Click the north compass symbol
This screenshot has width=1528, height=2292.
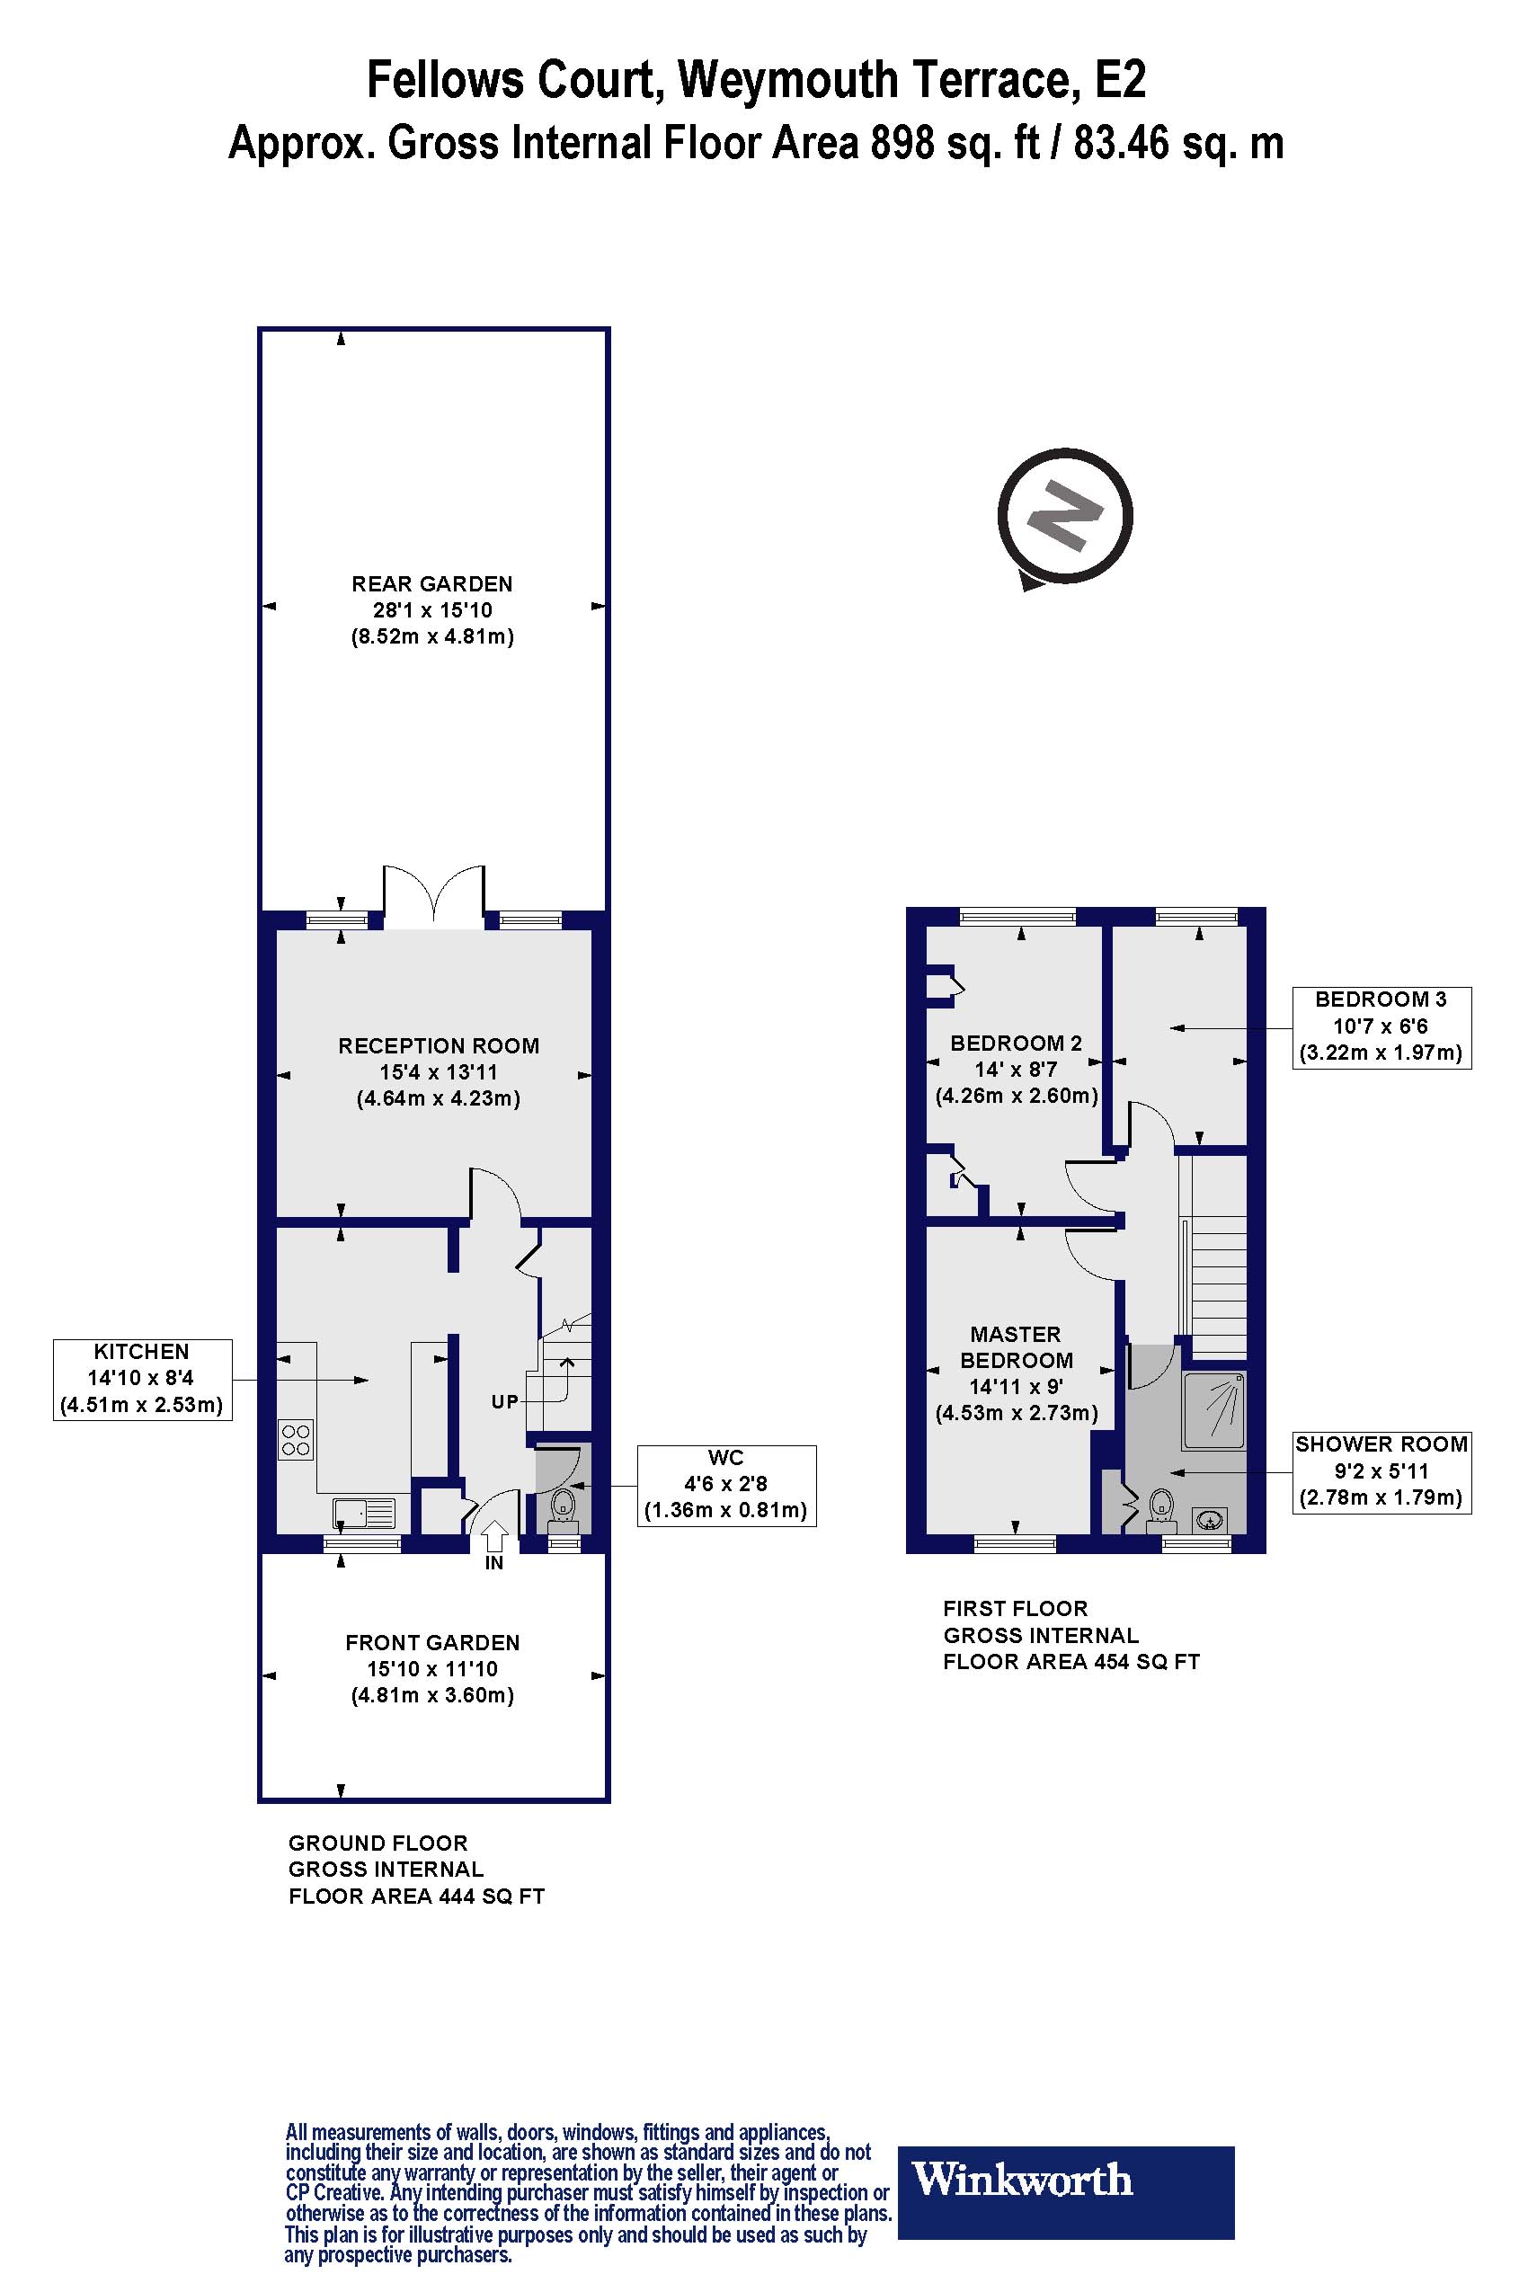pyautogui.click(x=1065, y=517)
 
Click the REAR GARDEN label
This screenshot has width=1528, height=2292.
pyautogui.click(x=431, y=583)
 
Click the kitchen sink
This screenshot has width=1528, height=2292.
pyautogui.click(x=363, y=1513)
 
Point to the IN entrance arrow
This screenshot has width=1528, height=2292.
pyautogui.click(x=495, y=1537)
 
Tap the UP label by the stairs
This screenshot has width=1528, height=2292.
pyautogui.click(x=505, y=1402)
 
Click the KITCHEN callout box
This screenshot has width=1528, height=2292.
pyautogui.click(x=142, y=1379)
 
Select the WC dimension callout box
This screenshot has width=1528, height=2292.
pyautogui.click(x=726, y=1484)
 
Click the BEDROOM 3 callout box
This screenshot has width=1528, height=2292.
pyautogui.click(x=1381, y=1026)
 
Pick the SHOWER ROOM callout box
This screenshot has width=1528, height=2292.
pyautogui.click(x=1381, y=1470)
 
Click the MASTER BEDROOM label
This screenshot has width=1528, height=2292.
pyautogui.click(x=1016, y=1346)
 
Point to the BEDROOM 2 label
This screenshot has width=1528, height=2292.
pyautogui.click(x=1016, y=1043)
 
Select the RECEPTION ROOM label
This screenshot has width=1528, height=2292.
pyautogui.click(x=439, y=1045)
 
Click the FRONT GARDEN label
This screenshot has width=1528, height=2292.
pyautogui.click(x=432, y=1642)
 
